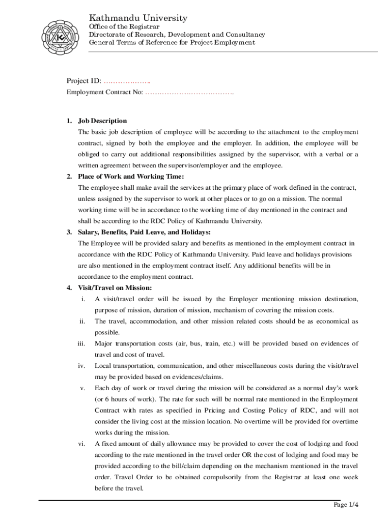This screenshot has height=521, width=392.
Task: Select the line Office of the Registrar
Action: tap(124, 26)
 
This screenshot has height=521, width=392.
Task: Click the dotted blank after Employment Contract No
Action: tap(189, 93)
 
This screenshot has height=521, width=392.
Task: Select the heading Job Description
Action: tap(102, 121)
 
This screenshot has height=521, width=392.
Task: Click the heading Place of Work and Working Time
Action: tap(130, 177)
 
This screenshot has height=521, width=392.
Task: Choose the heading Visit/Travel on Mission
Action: tap(115, 288)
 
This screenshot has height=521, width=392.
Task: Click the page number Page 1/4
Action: tap(346, 505)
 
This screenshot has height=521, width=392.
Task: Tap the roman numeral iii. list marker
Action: tap(81, 344)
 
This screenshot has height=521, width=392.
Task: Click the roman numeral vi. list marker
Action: tap(81, 444)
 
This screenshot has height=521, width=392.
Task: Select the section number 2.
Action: tap(69, 177)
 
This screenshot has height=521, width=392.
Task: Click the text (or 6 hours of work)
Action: tap(126, 399)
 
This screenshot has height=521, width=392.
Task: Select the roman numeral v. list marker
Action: tap(82, 388)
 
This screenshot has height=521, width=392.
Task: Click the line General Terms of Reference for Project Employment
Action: tap(172, 43)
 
